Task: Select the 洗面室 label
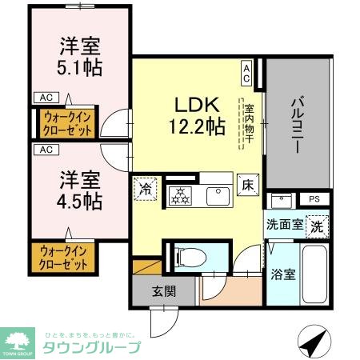click(x=284, y=225)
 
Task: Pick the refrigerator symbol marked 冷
click(x=146, y=189)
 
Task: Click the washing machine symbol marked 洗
click(x=318, y=225)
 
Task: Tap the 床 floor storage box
click(x=248, y=185)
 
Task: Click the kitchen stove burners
click(x=180, y=194)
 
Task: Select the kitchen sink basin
click(x=215, y=195)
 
